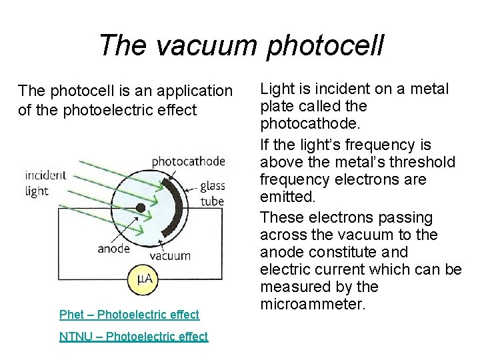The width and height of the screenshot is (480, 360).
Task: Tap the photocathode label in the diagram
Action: (x=189, y=161)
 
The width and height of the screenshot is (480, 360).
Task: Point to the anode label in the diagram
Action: (x=113, y=249)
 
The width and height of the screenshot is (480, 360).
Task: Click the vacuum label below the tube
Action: (x=170, y=255)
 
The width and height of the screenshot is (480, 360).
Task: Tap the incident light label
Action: (x=45, y=183)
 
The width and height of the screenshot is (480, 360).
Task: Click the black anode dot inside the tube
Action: (x=141, y=208)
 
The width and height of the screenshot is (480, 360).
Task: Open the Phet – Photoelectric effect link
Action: (x=129, y=314)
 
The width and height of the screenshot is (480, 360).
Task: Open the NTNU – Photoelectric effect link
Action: (x=133, y=337)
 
